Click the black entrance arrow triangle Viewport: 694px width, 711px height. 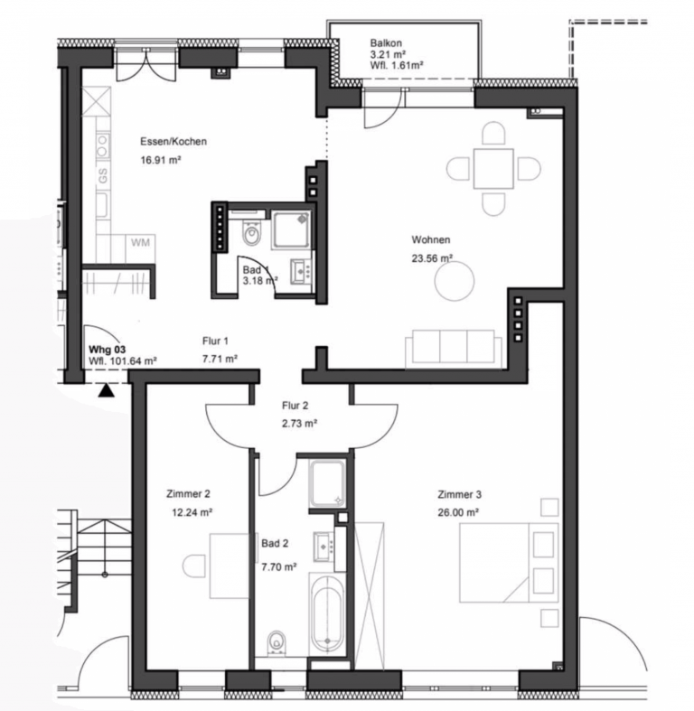tap(107, 390)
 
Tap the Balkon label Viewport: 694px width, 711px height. tap(386, 43)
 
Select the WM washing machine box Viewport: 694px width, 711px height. tap(141, 248)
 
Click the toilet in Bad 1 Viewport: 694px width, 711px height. tap(250, 233)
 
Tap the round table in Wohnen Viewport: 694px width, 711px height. tap(455, 281)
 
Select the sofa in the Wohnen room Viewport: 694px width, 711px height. tap(454, 348)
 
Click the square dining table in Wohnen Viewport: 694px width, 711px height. tap(493, 168)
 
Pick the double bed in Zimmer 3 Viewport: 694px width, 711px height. tap(509, 563)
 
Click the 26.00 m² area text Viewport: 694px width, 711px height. tap(458, 512)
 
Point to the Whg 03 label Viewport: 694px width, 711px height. tap(107, 350)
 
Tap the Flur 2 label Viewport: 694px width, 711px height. tap(295, 406)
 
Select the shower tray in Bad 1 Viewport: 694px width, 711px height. tap(291, 229)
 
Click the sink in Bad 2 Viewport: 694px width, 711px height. tap(324, 546)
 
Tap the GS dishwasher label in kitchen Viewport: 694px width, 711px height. tap(103, 175)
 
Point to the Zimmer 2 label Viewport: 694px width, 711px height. tap(188, 494)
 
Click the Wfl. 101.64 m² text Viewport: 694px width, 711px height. tap(123, 361)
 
